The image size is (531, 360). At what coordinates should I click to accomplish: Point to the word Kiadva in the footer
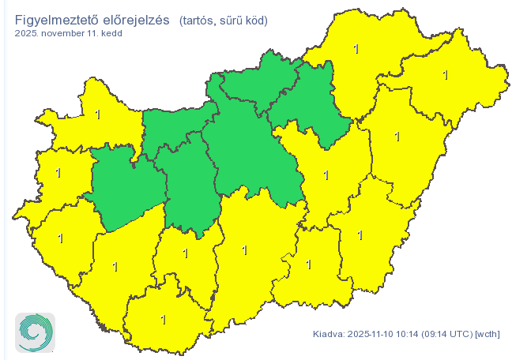click(328, 333)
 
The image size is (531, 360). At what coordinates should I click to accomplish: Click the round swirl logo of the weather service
click(36, 332)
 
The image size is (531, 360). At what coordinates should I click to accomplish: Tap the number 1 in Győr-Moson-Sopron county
click(97, 114)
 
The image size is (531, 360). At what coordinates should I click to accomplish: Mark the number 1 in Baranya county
click(163, 320)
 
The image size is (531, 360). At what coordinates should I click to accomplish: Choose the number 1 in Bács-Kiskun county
click(244, 250)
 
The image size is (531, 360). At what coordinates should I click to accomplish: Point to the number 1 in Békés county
click(360, 234)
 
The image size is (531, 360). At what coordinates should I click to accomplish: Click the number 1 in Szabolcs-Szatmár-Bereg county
click(446, 75)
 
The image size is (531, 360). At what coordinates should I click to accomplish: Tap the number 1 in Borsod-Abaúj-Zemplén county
click(356, 49)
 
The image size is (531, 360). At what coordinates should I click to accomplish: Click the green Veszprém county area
click(126, 189)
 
